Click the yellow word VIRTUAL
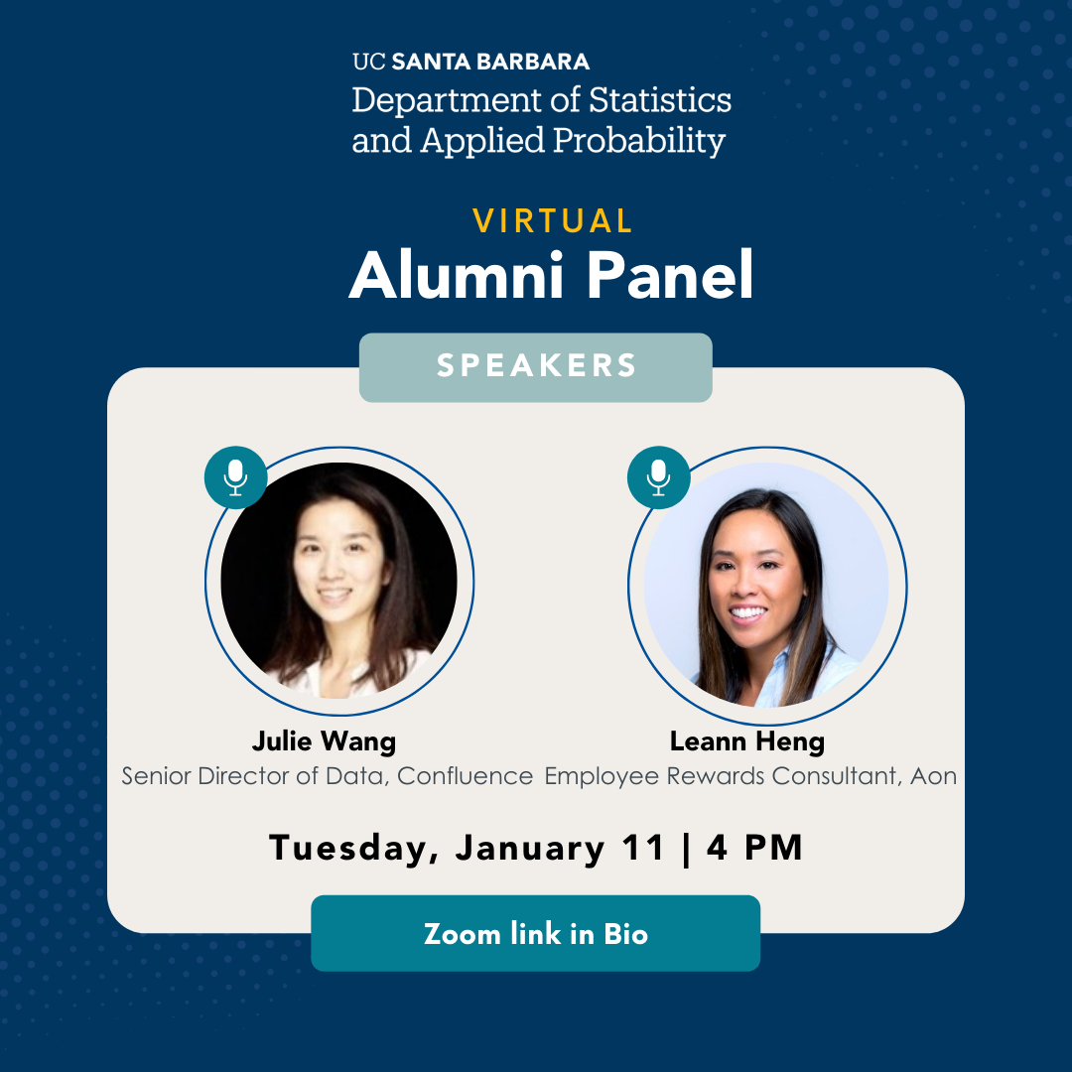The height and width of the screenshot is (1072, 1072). click(x=553, y=220)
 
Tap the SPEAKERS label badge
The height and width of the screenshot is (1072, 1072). click(x=535, y=367)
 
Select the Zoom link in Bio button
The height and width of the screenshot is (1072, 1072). click(x=535, y=933)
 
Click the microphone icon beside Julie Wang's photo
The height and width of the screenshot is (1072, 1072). click(x=236, y=477)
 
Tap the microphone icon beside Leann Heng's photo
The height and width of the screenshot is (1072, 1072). click(x=658, y=477)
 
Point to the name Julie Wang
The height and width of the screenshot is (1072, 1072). click(x=324, y=741)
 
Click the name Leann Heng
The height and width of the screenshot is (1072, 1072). click(x=747, y=741)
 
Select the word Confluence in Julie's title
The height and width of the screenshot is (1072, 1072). click(x=465, y=776)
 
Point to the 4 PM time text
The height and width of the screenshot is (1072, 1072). click(x=754, y=848)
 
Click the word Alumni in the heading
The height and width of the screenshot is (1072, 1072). click(x=456, y=275)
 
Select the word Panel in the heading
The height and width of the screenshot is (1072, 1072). click(x=669, y=275)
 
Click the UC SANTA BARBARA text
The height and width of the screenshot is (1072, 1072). click(x=471, y=62)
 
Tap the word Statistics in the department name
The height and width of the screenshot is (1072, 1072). click(x=660, y=100)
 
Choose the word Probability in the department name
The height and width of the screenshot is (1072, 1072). click(x=639, y=141)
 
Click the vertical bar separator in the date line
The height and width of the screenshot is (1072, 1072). click(x=686, y=849)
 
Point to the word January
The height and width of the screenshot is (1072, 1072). click(x=530, y=849)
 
